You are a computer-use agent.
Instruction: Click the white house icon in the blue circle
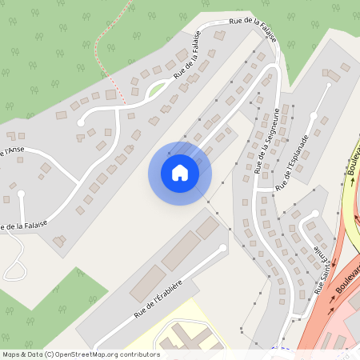point(179,173)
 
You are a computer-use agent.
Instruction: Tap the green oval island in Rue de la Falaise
point(157,87)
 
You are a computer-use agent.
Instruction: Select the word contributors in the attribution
point(142,354)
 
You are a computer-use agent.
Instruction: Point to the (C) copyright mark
point(49,354)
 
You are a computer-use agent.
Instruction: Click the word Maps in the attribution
point(11,354)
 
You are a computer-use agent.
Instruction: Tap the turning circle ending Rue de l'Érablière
point(222,248)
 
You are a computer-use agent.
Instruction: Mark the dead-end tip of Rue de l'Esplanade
point(328,86)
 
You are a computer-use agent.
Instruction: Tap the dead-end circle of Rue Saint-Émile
point(315,214)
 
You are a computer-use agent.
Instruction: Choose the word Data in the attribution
point(33,354)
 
